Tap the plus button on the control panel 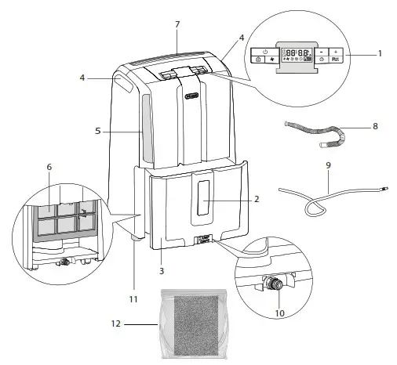[335, 51]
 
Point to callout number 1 [380, 54]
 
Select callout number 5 [97, 132]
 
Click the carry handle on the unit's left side [123, 81]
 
